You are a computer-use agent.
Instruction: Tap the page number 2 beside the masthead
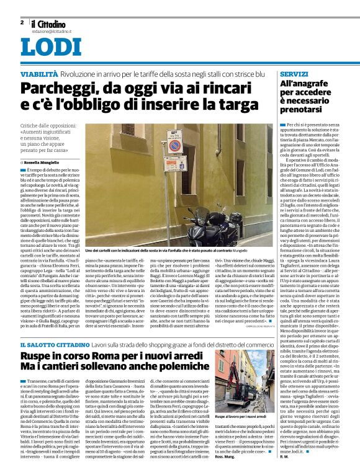coord(22,22)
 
